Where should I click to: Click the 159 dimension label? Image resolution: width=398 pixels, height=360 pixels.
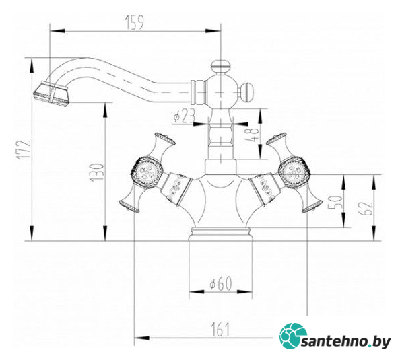point(135,22)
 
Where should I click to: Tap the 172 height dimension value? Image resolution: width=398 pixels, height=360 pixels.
point(24,149)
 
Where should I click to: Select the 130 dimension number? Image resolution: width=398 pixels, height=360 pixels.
point(97,172)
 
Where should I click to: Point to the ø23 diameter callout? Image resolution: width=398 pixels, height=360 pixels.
point(184,116)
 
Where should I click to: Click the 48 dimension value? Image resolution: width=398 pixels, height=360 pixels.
point(252,134)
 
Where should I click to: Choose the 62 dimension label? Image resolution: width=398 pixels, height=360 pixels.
point(366,208)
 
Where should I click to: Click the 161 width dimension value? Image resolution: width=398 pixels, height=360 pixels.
point(220,329)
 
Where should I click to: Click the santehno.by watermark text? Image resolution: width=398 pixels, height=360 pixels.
point(346,343)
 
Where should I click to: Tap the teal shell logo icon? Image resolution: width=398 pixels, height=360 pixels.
point(293,336)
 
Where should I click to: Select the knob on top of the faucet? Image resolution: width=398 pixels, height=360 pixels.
point(221,65)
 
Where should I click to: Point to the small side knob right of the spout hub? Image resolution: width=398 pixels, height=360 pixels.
point(247,92)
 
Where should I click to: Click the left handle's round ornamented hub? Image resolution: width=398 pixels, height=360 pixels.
point(146,172)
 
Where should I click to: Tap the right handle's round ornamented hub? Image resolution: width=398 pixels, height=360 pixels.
point(294,172)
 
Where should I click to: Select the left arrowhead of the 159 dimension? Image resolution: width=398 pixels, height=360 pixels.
point(57,31)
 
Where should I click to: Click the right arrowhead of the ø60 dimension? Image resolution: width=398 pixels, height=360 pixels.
point(245,291)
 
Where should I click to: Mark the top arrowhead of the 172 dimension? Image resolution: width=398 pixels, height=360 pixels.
point(32,65)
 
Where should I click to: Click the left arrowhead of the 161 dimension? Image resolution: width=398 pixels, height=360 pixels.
point(141,338)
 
